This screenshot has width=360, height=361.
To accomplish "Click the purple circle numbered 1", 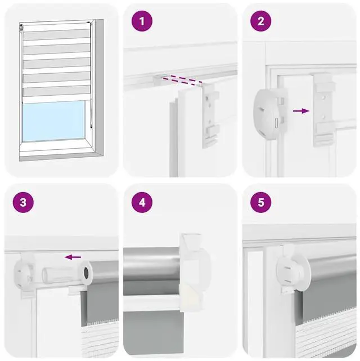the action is (142, 21).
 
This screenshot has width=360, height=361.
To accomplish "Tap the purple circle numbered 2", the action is (260, 21).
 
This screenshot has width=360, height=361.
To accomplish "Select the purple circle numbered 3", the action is (23, 202).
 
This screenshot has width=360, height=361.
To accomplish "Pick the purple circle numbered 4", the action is (142, 202).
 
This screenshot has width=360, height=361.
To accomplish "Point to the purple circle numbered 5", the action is (260, 202).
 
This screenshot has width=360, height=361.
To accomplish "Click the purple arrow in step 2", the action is (301, 111).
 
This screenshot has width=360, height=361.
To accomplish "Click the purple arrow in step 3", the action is (73, 257).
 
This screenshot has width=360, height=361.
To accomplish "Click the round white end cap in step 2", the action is (267, 114).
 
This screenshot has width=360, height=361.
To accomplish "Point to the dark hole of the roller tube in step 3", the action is (86, 273).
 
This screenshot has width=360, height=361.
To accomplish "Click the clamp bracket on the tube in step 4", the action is (194, 273).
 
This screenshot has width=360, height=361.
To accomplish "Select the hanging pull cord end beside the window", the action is (91, 126).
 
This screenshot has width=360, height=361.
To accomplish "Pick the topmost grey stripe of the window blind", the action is (56, 34).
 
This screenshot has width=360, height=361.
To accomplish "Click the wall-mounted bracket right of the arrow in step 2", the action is (323, 110).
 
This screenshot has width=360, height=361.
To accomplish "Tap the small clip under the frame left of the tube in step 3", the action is (75, 291).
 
